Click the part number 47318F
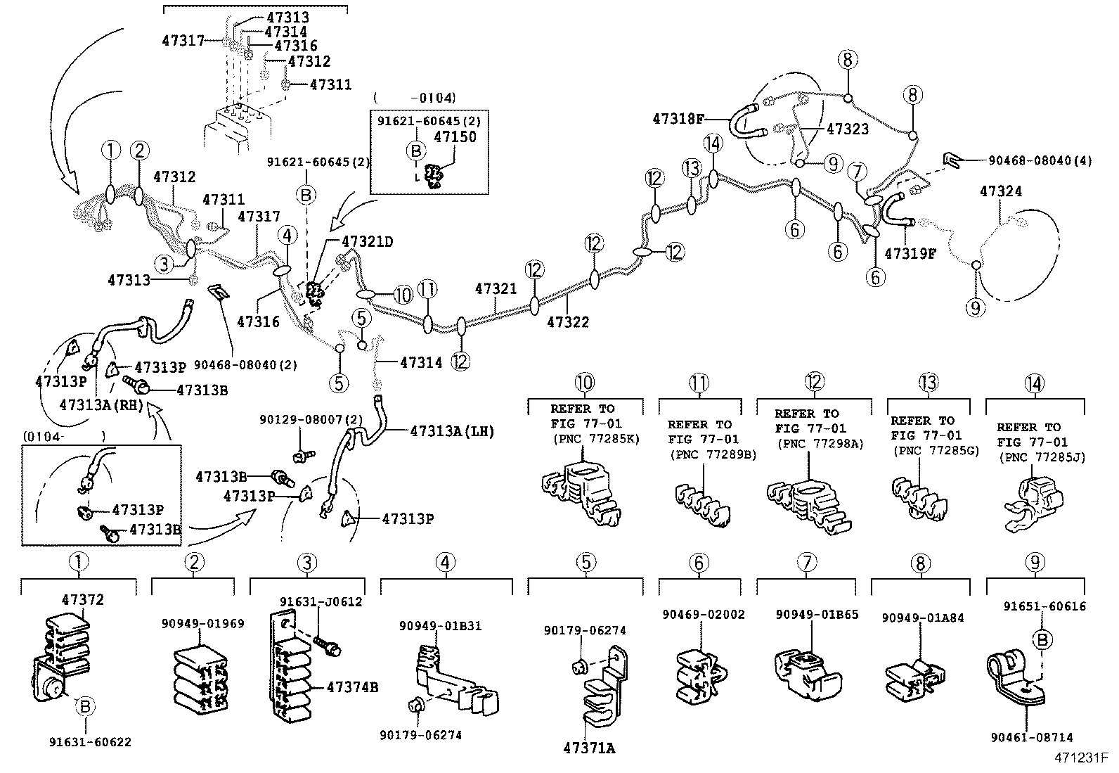[x=678, y=119]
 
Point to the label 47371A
[x=589, y=748]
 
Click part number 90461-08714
[x=1032, y=737]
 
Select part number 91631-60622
[x=90, y=742]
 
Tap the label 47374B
[x=352, y=686]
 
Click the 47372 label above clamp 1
[x=82, y=599]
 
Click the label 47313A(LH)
[x=452, y=430]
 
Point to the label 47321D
[x=367, y=241]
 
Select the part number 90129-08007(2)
[x=311, y=419]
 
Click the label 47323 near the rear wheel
[x=847, y=129]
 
